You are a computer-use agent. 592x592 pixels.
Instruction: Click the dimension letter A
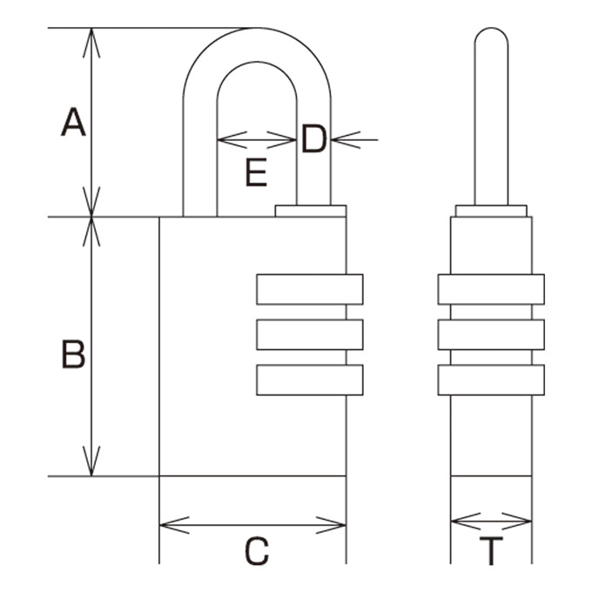click(73, 122)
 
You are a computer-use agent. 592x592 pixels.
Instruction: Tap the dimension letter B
click(73, 354)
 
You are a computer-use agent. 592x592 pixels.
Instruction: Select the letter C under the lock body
click(257, 551)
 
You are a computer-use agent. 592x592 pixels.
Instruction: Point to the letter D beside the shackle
click(313, 138)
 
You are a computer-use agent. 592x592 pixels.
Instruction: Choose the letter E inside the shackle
click(256, 172)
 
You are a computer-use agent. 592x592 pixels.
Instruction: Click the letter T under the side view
click(491, 551)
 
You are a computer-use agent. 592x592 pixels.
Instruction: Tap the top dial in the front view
click(310, 290)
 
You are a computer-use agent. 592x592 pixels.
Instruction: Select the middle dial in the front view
click(310, 334)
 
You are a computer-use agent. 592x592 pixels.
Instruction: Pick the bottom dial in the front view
click(310, 380)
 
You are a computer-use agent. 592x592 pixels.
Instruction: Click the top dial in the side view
click(491, 290)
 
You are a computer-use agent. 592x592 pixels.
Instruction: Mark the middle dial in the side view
click(491, 334)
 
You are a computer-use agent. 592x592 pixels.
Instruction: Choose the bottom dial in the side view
click(491, 380)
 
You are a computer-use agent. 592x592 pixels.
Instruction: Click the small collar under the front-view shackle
click(311, 211)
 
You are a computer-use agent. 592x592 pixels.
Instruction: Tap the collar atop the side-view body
click(491, 211)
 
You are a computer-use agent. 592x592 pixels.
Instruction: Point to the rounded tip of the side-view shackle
click(491, 29)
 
